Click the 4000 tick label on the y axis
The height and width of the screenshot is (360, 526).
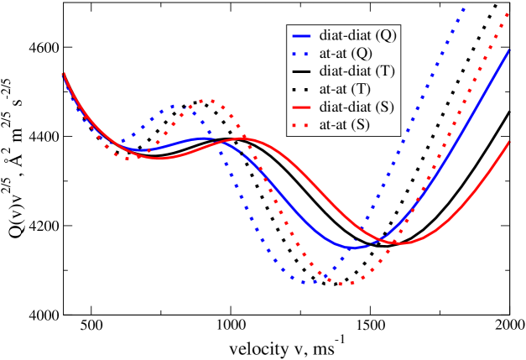coord(43,315)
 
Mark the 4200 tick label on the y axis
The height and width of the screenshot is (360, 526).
coord(43,226)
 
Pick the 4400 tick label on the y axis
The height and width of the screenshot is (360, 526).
coord(43,136)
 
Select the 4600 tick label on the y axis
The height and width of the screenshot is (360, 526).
coord(43,47)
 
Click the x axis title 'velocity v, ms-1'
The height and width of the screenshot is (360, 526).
coord(286,347)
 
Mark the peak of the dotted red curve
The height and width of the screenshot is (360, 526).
coord(205,100)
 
